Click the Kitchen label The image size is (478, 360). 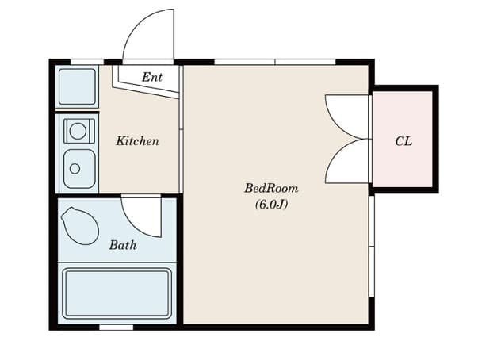coord(137,141)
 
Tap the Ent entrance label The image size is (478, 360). coord(152,77)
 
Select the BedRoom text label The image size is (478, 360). coord(271,188)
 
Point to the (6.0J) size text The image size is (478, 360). coord(271,205)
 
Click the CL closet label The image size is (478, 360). coord(403,141)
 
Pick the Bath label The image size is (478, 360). coord(123,245)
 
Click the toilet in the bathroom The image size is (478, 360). coord(80,226)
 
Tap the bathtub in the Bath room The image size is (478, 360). coord(117,293)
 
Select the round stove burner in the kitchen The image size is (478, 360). coord(78,132)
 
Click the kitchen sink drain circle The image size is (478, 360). coord(75,169)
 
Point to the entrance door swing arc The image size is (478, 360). coord(131,27)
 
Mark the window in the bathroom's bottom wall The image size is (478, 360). coord(117,327)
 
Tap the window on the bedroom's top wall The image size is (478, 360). coord(275,62)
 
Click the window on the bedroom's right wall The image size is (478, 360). coord(371,246)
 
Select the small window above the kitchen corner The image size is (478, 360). coord(87,62)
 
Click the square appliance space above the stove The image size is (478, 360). coord(77,87)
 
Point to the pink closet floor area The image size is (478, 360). coord(403,139)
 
